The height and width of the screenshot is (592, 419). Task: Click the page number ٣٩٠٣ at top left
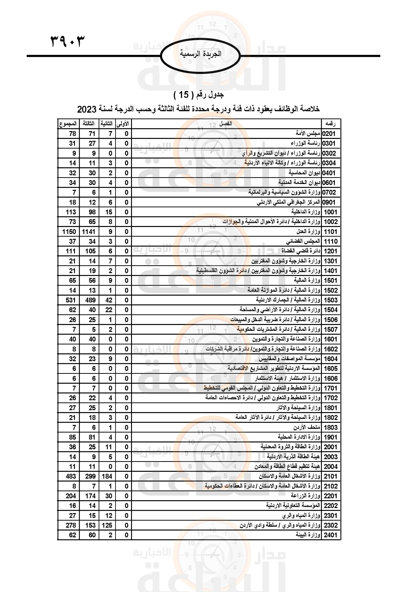coord(68,41)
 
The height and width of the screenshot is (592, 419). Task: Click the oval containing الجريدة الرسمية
coord(200,55)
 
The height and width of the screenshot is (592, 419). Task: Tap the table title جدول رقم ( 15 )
coord(198,95)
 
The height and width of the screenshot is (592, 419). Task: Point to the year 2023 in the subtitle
coord(87,109)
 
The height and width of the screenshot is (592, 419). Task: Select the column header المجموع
coord(68,124)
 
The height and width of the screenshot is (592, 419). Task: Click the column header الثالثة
coord(88,124)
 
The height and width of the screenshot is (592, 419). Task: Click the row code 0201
coord(329,134)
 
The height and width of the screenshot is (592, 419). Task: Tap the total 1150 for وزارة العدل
coord(69,232)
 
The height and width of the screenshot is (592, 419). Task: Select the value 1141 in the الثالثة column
coord(88,232)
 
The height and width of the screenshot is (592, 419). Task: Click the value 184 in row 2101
coord(107,476)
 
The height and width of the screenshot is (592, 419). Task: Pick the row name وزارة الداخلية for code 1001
coord(306,212)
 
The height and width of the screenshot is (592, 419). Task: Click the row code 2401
coord(331,535)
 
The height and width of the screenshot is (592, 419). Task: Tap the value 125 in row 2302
coord(107,525)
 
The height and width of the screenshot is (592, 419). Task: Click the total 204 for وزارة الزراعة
coord(71,496)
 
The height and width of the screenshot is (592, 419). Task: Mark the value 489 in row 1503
coord(90,300)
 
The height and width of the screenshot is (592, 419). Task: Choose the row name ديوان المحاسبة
coord(304,173)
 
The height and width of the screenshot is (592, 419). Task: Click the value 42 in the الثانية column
coord(109,300)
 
